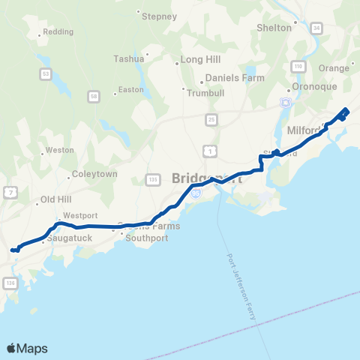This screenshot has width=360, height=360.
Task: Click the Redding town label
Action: pyautogui.click(x=58, y=32)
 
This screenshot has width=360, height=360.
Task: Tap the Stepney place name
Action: pyautogui.click(x=159, y=16)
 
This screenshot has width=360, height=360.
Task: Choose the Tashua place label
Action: pyautogui.click(x=128, y=58)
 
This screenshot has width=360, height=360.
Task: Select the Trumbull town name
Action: pyautogui.click(x=205, y=91)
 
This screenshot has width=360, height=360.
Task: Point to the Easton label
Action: pyautogui.click(x=130, y=90)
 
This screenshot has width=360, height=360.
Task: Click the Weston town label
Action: pyautogui.click(x=60, y=150)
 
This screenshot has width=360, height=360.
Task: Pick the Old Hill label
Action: pyautogui.click(x=55, y=199)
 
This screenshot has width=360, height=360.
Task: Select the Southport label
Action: pyautogui.click(x=148, y=239)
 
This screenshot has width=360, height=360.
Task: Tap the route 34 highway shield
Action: pyautogui.click(x=316, y=28)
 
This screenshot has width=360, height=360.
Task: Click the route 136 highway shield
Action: pyautogui.click(x=10, y=283)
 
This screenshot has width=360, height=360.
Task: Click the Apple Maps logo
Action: pyautogui.click(x=27, y=349)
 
